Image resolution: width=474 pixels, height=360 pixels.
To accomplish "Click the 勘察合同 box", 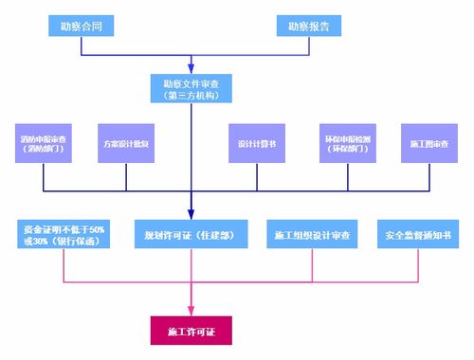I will click(82, 25).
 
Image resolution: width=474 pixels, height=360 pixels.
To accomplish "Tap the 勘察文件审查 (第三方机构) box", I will click(191, 88).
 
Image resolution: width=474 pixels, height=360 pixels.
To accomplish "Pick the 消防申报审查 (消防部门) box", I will click(43, 144).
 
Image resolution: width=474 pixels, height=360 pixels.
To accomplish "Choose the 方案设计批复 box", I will click(125, 144).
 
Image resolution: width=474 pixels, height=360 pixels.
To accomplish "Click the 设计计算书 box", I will click(256, 144).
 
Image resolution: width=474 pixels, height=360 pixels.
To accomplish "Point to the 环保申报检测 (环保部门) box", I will click(346, 144).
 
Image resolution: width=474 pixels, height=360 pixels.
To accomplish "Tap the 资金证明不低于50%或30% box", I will click(64, 233).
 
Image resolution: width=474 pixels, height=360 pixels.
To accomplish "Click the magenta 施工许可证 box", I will click(191, 333).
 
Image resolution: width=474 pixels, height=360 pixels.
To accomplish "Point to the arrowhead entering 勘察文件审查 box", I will click(191, 69).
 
